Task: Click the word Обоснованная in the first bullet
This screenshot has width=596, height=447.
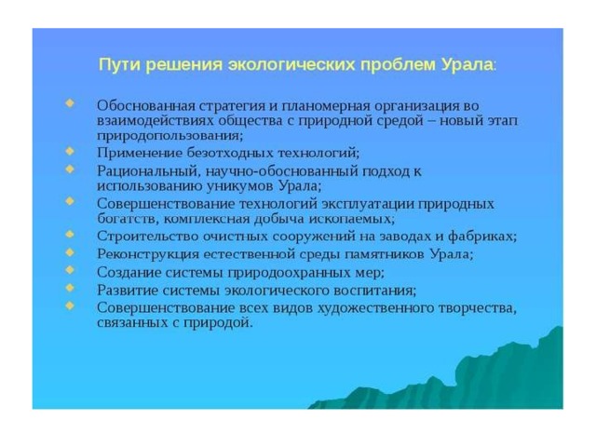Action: [145, 105]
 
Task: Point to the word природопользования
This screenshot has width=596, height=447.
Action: [169, 136]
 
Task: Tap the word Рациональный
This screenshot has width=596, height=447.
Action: [149, 171]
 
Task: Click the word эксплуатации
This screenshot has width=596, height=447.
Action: [368, 204]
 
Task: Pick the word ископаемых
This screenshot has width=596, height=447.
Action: [351, 219]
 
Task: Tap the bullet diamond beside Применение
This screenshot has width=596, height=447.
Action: [70, 151]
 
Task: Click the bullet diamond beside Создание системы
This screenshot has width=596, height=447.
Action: [70, 270]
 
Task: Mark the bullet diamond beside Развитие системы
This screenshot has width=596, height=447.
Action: [70, 288]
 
